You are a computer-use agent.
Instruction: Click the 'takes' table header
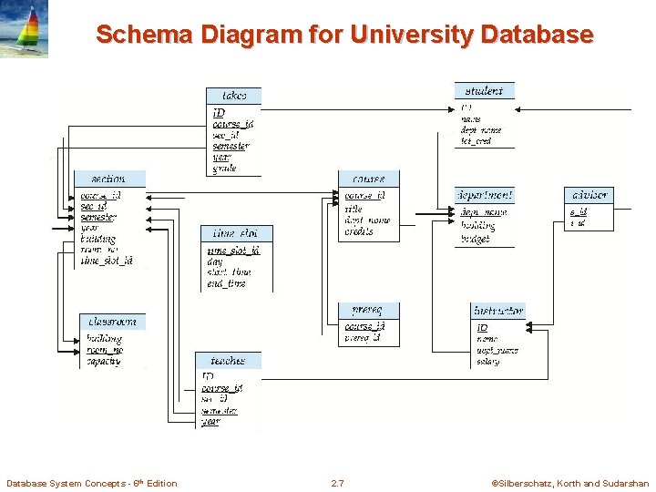pyautogui.click(x=233, y=95)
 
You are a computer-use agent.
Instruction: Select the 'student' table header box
pyautogui.click(x=484, y=90)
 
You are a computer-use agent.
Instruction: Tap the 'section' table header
pyautogui.click(x=108, y=179)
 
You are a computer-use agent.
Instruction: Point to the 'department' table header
pyautogui.click(x=484, y=195)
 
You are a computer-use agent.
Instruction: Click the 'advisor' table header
pyautogui.click(x=589, y=195)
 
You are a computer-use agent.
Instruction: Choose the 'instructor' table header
pyautogui.click(x=498, y=311)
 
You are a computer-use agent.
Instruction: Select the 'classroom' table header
pyautogui.click(x=113, y=321)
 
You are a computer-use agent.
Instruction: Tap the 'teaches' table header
pyautogui.click(x=228, y=361)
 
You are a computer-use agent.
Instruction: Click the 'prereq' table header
pyautogui.click(x=368, y=311)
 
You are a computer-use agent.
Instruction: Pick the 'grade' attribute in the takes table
pyautogui.click(x=224, y=169)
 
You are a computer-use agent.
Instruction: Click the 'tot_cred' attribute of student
pyautogui.click(x=476, y=141)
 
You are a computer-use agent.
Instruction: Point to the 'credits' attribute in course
pyautogui.click(x=359, y=231)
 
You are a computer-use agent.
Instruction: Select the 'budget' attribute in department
pyautogui.click(x=475, y=239)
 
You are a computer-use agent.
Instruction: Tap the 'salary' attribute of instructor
pyautogui.click(x=487, y=362)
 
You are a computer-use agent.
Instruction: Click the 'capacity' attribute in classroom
pyautogui.click(x=104, y=362)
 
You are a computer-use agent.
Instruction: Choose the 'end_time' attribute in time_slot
pyautogui.click(x=226, y=283)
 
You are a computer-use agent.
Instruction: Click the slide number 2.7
pyautogui.click(x=337, y=483)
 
